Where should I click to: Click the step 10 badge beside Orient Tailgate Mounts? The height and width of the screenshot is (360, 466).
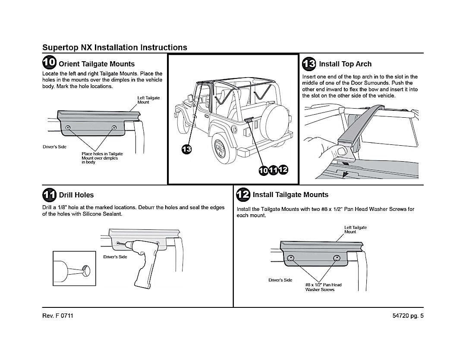click(x=50, y=63)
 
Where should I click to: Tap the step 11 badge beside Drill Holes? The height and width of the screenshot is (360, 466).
click(x=50, y=194)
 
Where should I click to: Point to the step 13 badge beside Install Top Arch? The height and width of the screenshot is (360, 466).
click(x=309, y=63)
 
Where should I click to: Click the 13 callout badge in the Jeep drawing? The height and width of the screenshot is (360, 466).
click(x=186, y=149)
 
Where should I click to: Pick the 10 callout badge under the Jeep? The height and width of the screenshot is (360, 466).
click(x=263, y=170)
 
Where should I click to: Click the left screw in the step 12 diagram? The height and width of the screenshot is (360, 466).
click(x=291, y=258)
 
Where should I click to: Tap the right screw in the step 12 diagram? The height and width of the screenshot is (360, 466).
click(x=337, y=258)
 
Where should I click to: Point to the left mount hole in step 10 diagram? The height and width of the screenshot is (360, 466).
click(x=68, y=128)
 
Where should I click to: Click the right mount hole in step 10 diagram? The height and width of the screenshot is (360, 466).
click(x=114, y=128)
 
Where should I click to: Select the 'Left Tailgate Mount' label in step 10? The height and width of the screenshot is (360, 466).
click(x=148, y=100)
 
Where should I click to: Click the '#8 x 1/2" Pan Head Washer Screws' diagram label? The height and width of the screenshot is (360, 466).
click(x=323, y=287)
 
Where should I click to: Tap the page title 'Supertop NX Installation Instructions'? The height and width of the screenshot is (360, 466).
click(x=115, y=47)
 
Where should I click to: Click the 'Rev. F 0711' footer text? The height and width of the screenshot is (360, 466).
click(x=58, y=316)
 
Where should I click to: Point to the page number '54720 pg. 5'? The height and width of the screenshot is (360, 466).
click(x=408, y=316)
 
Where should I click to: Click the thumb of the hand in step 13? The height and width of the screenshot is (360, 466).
click(x=342, y=150)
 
